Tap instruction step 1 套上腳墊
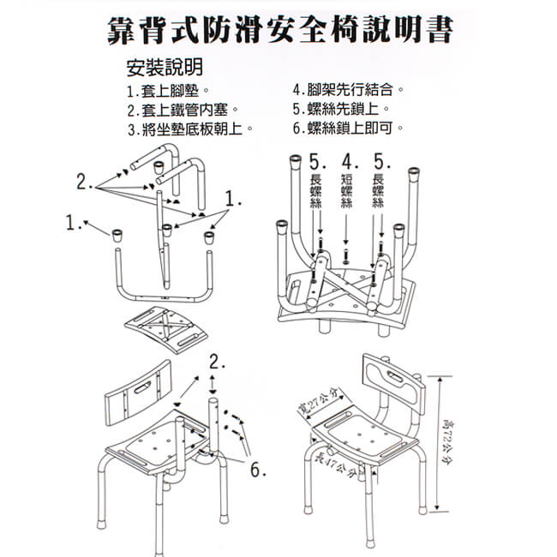click(x=168, y=90)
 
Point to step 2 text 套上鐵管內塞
click(x=182, y=110)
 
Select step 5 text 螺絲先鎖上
click(x=342, y=110)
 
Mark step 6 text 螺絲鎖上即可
click(x=348, y=129)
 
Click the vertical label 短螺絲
click(x=346, y=193)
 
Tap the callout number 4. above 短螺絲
click(x=348, y=161)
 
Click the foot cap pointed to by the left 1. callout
click(x=117, y=231)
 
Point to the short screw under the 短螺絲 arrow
click(x=346, y=255)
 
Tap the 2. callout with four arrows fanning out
click(x=84, y=182)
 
